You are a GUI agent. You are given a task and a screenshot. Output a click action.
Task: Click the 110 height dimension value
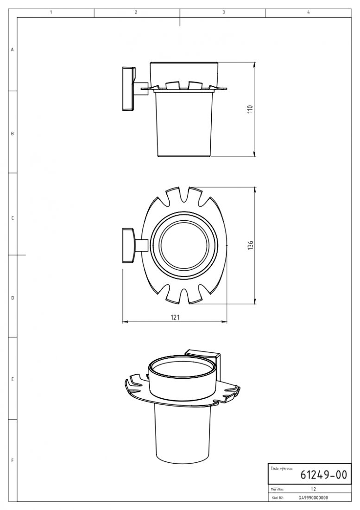[x=250, y=109]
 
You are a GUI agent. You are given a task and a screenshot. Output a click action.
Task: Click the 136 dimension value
[x=250, y=245]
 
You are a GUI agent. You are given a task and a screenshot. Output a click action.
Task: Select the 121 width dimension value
[x=175, y=317]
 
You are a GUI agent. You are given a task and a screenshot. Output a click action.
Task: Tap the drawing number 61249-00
[x=323, y=475]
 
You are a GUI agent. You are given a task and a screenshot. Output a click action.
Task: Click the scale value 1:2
[x=313, y=489]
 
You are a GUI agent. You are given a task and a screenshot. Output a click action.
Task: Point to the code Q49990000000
[x=314, y=497]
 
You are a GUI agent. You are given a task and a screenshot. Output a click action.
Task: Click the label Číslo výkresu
[x=281, y=468]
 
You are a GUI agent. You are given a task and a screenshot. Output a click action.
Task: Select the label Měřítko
[x=277, y=489]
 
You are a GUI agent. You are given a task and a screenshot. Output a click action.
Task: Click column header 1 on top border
[x=51, y=13]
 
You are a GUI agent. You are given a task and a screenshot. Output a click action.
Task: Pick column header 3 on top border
[x=223, y=13]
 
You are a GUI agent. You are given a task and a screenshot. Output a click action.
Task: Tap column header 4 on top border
[x=308, y=13]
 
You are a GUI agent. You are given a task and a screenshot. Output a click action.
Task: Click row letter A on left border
[x=13, y=49]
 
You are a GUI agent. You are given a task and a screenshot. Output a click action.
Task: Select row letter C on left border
[x=13, y=218]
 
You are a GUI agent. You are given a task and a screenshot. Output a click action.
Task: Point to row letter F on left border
[x=13, y=460]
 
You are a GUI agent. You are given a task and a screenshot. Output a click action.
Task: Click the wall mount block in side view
[x=127, y=89]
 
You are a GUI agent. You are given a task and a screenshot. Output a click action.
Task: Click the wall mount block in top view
[x=127, y=246]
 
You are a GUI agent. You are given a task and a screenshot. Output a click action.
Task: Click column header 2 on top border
[x=136, y=13]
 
